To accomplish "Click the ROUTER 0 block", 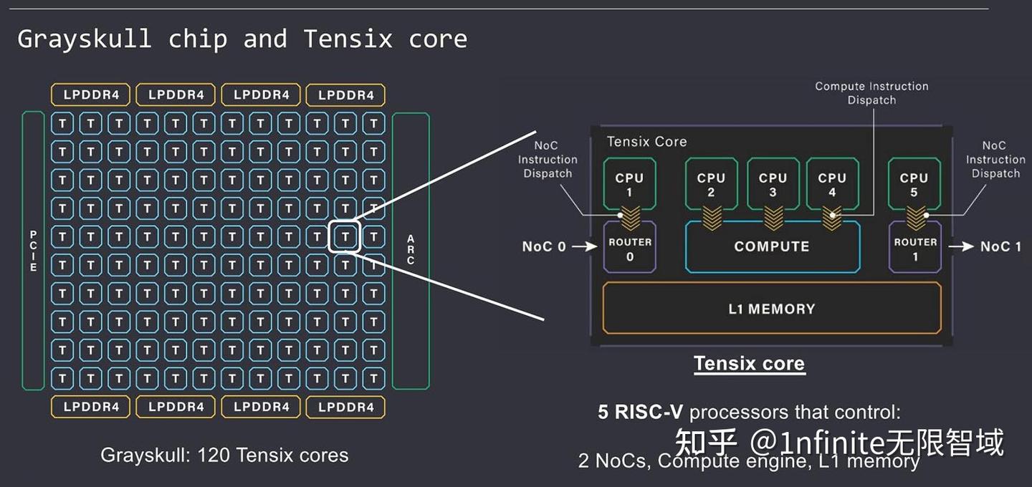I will coord(630,248).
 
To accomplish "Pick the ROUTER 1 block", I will coord(915,248).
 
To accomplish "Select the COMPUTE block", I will coord(772,247).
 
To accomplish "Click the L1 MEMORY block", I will coord(771,309).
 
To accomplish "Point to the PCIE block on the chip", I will coord(33,251).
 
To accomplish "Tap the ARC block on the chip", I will coord(411,251).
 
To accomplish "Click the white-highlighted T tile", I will coord(345,236).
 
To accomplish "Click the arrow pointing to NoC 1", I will coord(961,247).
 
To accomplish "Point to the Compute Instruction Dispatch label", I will coord(871,93).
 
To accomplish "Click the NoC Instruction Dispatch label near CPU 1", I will coord(548,160).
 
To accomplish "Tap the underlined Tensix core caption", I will coord(749,364).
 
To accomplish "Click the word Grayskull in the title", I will coord(85,39).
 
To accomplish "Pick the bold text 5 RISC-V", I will coord(641,413).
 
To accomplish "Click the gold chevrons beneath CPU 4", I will coord(832,218).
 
